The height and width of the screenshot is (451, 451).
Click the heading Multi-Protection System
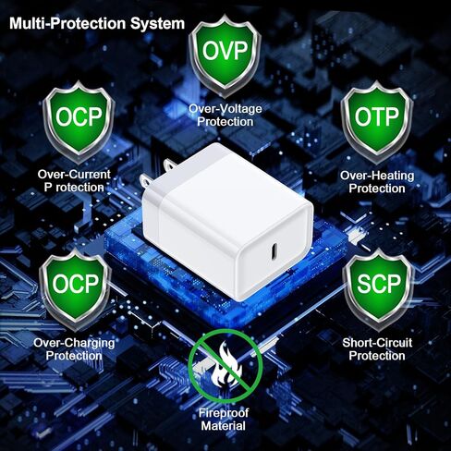tap(97, 24)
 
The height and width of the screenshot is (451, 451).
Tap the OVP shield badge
tap(225, 55)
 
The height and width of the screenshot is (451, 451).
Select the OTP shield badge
tap(376, 122)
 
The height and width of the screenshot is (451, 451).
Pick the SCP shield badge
tap(378, 289)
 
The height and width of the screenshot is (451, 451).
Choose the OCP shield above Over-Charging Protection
tap(75, 289)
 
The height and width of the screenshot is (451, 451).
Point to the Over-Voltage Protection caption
tap(225, 116)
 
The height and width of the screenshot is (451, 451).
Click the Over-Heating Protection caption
tap(377, 182)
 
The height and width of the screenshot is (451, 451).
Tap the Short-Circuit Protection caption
tap(377, 349)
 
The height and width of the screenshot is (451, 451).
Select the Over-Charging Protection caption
tap(74, 349)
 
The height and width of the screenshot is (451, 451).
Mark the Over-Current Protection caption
tap(74, 181)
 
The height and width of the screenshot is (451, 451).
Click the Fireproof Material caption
tap(224, 420)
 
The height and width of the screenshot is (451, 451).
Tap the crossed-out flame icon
tap(225, 366)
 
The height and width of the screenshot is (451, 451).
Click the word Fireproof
tap(224, 413)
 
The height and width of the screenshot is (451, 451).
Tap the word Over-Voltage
tap(225, 109)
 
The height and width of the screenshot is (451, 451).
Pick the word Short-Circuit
tap(377, 343)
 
